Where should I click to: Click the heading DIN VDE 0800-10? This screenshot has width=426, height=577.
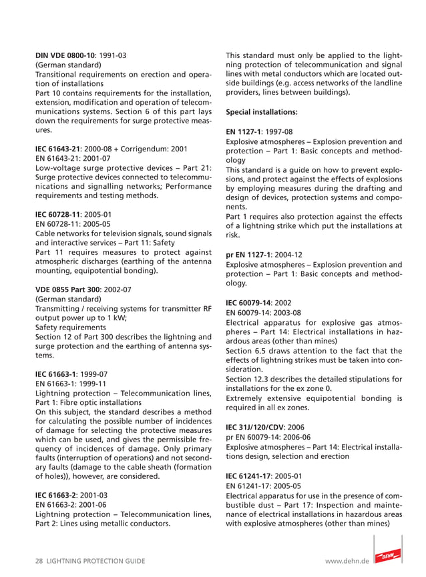coord(64,55)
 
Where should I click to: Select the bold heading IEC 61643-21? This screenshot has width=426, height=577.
coord(58,148)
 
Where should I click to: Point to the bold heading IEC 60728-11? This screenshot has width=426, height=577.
coord(58,214)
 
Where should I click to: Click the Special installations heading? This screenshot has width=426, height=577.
coord(262,112)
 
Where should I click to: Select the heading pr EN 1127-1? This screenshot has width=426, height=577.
coord(248,254)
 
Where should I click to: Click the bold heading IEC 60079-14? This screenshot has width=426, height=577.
coord(250,302)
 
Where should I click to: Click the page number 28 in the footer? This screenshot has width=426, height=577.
coord(39,562)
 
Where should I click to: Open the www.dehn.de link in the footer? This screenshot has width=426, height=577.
coord(347,562)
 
